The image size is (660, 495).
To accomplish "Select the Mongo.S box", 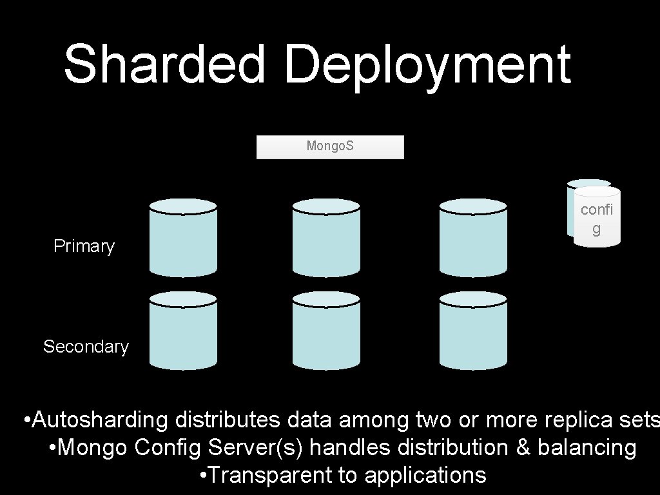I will pyautogui.click(x=330, y=147).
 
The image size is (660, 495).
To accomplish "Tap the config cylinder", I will pyautogui.click(x=597, y=218).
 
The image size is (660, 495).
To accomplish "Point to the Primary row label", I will pyautogui.click(x=84, y=246).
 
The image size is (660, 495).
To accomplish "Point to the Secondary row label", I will pyautogui.click(x=86, y=347).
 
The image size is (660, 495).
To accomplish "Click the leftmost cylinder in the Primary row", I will pyautogui.click(x=183, y=238).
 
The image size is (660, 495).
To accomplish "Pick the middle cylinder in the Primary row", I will pyautogui.click(x=325, y=238).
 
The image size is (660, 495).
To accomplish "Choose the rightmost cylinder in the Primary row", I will pyautogui.click(x=473, y=238).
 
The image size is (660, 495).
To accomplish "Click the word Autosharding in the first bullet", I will pyautogui.click(x=100, y=420).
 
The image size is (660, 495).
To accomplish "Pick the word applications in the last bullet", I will pyautogui.click(x=425, y=475).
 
